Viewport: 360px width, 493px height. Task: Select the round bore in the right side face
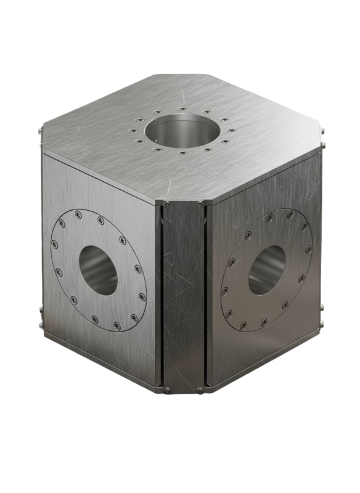[266, 269]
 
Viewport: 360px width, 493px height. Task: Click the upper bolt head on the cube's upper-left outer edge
[39, 131]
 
